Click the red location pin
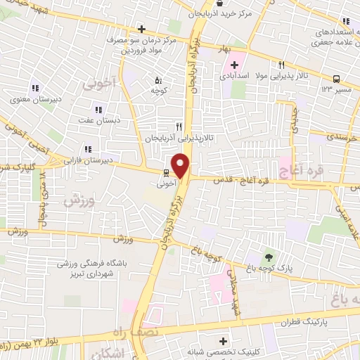tap(182, 167)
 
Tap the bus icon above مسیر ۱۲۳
tap(336, 79)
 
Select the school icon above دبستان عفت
tap(98, 110)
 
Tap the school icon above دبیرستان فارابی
tap(88, 149)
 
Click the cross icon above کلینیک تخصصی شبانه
tap(223, 340)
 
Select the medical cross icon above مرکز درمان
tap(141, 29)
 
